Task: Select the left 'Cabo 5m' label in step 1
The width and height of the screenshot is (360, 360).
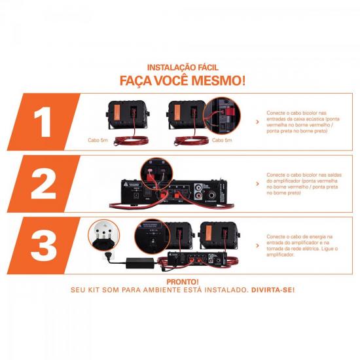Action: tap(99, 139)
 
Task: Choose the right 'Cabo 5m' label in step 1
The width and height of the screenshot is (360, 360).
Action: tap(187, 139)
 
